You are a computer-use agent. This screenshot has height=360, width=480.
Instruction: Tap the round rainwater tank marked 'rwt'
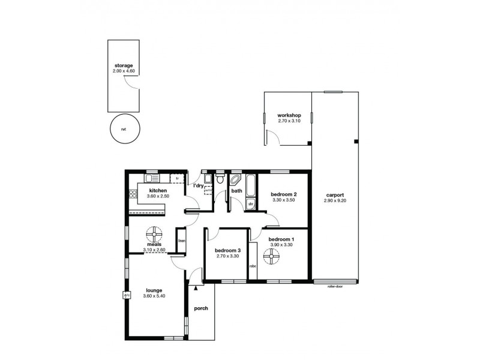pos(124,128)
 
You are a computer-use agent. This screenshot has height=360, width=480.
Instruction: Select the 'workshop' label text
pos(289,115)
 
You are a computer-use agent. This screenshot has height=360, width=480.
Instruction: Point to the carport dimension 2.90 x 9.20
pos(335,201)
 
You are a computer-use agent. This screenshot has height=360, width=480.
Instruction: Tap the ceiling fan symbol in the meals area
pos(154,234)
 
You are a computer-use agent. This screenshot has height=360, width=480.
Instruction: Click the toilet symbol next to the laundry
pos(220,179)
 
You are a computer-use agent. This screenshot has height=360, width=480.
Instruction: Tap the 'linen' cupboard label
pos(181,241)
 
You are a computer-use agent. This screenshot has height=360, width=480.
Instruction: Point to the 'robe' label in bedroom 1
pos(253,266)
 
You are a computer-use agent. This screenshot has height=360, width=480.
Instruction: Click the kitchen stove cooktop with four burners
pos(133,194)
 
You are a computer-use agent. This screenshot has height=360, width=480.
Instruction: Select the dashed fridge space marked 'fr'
pos(177,179)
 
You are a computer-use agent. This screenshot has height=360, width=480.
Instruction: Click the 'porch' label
pos(201,308)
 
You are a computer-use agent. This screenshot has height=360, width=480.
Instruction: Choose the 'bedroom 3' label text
pos(227,250)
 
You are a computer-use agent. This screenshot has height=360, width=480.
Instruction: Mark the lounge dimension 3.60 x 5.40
pos(154,296)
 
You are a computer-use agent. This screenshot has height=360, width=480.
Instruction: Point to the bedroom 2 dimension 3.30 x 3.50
pos(284,199)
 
